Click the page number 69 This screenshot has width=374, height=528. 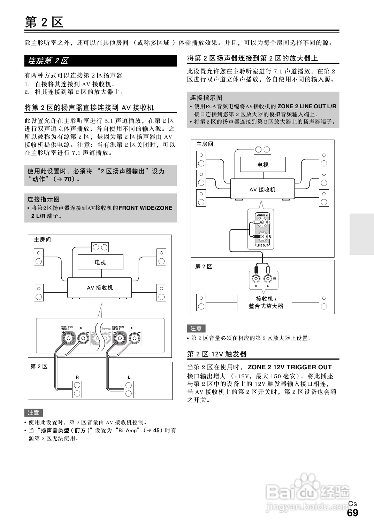(352, 513)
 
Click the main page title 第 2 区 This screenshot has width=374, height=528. (44, 22)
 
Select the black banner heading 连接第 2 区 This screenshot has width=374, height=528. (100, 61)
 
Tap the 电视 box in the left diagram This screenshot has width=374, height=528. (100, 262)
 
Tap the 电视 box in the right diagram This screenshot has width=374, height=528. (263, 165)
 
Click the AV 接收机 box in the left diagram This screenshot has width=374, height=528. (100, 287)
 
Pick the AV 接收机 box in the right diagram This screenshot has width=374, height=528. (262, 189)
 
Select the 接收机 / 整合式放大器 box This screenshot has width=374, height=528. (265, 302)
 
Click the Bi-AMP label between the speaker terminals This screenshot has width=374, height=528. (105, 329)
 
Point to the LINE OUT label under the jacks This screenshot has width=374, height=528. (262, 245)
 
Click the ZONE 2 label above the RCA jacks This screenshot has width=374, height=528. (262, 215)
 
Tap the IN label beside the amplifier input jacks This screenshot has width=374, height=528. (275, 278)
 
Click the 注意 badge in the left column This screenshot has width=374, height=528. (33, 412)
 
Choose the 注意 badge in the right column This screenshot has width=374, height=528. (196, 328)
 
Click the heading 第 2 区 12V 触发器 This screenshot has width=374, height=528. (217, 354)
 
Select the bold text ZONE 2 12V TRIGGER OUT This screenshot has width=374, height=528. (290, 367)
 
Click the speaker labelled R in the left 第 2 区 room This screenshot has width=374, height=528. (77, 389)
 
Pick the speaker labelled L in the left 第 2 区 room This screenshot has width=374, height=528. (129, 389)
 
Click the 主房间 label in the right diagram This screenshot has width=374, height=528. (205, 144)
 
